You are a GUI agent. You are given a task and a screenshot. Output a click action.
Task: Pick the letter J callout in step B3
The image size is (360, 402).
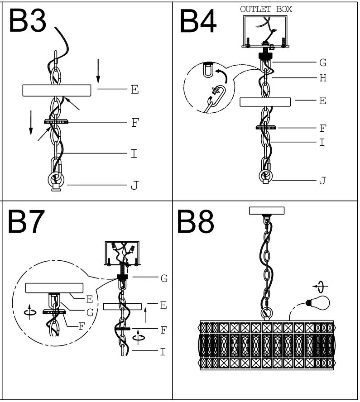(x=134, y=185)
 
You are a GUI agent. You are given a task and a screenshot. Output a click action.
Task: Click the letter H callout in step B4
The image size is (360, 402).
(x=322, y=78)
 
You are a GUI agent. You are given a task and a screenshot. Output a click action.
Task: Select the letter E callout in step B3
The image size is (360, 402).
(x=134, y=90)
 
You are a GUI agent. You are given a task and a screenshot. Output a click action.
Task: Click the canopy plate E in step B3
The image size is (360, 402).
(x=59, y=90)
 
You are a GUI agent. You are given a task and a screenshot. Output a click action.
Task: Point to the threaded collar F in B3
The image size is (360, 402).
(x=56, y=122)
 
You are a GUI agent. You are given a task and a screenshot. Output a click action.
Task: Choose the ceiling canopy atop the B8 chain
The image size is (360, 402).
(x=267, y=211)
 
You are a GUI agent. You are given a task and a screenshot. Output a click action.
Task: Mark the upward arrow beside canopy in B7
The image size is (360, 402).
(x=145, y=316)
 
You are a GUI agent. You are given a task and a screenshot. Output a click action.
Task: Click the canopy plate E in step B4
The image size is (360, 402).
(x=265, y=101)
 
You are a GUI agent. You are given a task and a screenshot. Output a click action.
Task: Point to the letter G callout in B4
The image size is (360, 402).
(x=322, y=62)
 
